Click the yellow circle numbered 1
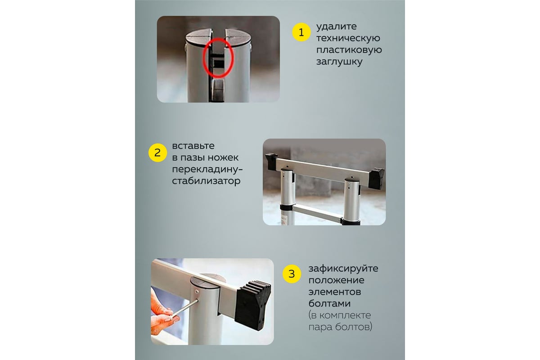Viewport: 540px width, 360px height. pos(301,32)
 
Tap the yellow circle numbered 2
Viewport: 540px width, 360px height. pos(157,153)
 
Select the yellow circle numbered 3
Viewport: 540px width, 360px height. pos(292,274)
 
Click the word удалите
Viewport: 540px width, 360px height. pos(336,26)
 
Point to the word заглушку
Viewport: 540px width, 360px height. pos(339,62)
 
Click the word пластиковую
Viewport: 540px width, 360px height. pos(349,50)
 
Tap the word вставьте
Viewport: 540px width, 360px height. pos(193,146)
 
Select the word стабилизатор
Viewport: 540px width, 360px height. pos(206,181)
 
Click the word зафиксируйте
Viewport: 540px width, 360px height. pos(343,268)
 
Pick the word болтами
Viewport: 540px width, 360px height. pos(329,303)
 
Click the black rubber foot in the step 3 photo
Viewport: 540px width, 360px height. pos(252,304)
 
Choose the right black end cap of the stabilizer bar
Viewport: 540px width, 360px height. pos(376,179)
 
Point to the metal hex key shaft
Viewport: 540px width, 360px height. pos(185,308)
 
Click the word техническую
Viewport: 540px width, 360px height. pos(348,38)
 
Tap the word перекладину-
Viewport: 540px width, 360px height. pos(207,169)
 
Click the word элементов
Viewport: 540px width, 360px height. pos(335,292)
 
